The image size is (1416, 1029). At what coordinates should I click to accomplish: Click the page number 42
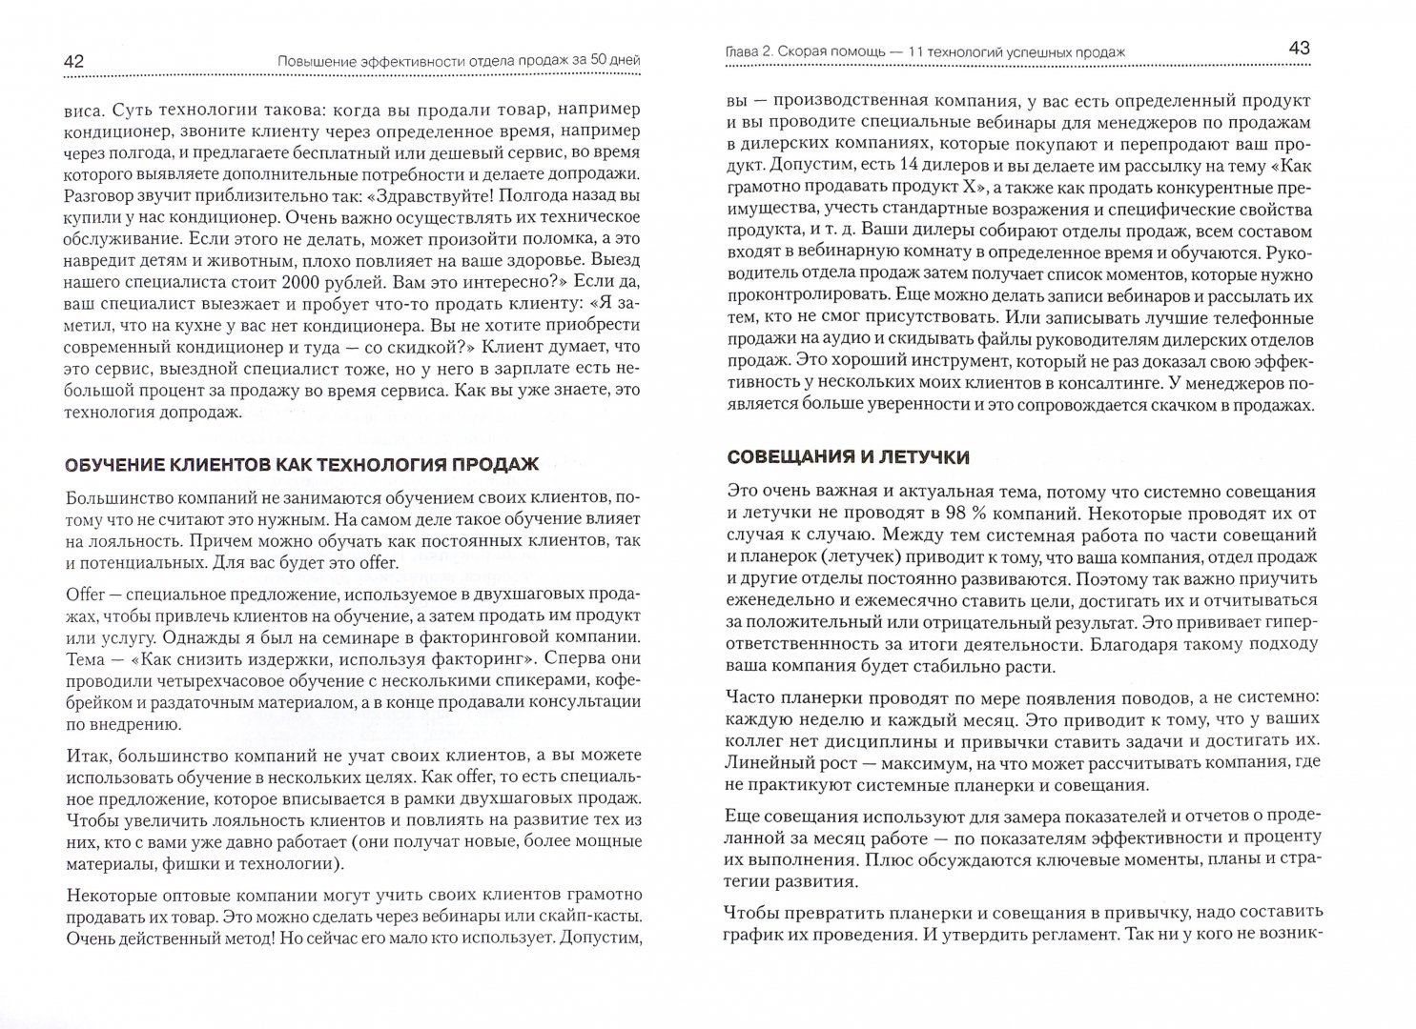click(74, 61)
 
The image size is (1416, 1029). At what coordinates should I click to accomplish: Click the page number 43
click(1300, 49)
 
